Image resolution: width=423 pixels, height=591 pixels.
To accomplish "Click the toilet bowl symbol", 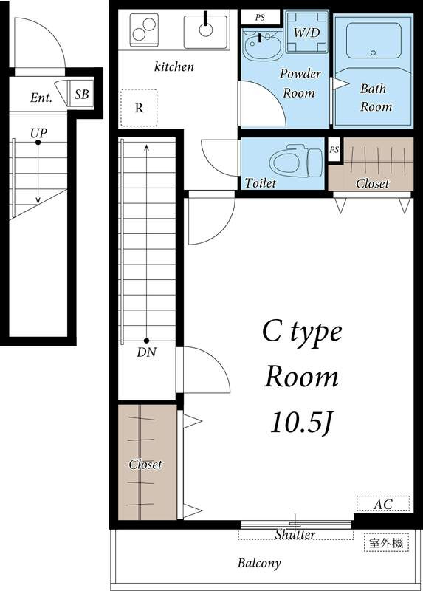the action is point(296,161).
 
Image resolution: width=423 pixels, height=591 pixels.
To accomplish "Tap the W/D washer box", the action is point(306,32).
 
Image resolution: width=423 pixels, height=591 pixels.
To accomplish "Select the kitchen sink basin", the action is point(206,32).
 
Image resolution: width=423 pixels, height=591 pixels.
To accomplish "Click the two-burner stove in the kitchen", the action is point(144,30).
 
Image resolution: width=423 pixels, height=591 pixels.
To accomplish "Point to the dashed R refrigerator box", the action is point(139,108).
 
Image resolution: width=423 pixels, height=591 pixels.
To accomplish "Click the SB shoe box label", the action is point(82,94).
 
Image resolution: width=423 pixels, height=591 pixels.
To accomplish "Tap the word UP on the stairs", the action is point(38,133).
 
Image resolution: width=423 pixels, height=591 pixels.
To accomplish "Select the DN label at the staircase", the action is point(146,352).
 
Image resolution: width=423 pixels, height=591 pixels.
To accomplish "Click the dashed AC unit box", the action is point(383,504).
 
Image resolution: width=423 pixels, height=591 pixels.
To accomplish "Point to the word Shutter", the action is point(295,534).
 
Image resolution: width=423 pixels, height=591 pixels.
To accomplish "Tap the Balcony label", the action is point(259,563).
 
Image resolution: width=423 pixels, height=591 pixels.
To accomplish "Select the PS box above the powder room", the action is point(261,17).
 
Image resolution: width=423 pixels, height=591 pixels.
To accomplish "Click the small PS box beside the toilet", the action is point(334,150).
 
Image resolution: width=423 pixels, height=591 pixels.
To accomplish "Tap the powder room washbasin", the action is point(261,44).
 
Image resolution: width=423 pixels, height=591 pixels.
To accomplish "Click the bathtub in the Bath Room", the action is point(374,41).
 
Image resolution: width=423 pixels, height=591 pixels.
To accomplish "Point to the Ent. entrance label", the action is point(41,98).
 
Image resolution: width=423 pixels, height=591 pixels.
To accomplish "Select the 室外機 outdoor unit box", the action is point(386,543).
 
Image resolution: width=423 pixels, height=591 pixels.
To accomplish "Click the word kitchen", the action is point(174,66).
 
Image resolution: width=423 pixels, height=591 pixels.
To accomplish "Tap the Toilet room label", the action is point(261,183).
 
